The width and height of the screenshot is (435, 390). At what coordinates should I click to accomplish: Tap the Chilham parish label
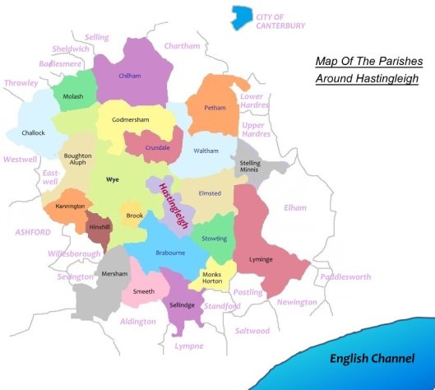[x=131, y=75]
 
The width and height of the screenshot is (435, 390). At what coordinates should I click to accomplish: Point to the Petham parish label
[x=215, y=108]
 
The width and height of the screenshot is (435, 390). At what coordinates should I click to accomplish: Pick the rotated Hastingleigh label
[x=169, y=200]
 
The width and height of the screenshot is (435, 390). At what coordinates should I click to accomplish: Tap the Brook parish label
[x=133, y=216]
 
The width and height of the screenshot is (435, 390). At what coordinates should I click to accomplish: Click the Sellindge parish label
[x=183, y=304]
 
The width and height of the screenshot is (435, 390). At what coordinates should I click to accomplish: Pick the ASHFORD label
[x=33, y=232]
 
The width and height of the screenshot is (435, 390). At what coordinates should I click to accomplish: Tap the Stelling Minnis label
[x=249, y=168]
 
